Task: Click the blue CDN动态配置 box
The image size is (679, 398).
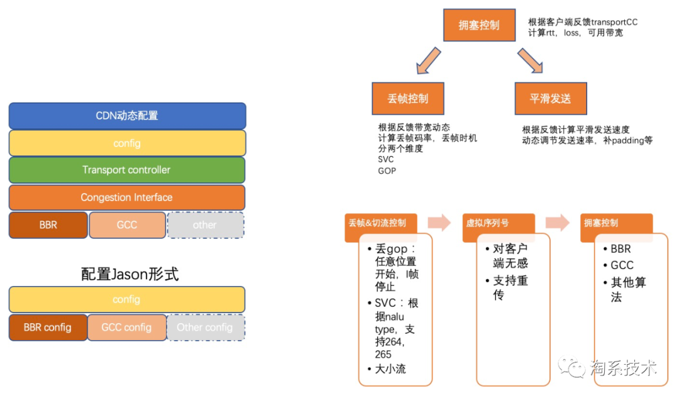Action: coord(127,116)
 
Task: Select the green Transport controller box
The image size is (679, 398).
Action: coord(127,170)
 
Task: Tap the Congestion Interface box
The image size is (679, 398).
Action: coord(127,197)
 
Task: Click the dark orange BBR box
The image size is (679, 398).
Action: coord(48,224)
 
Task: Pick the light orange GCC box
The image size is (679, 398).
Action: coord(127,224)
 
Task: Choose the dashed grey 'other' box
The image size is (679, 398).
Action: coord(205,224)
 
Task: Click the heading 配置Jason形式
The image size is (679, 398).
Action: coord(130,274)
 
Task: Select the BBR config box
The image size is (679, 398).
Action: coord(48,328)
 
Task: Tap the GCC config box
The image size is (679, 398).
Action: coord(127,328)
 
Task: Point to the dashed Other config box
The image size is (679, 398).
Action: coord(206,328)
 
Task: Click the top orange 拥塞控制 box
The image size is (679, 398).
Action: coord(479,25)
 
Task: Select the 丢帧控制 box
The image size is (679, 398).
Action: coord(408,99)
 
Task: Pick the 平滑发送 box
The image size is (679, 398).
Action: coord(551,99)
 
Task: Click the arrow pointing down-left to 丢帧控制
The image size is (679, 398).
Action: coord(428,61)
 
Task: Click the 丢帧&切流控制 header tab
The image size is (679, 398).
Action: coord(378,223)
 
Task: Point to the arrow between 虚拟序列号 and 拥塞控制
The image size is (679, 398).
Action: coord(558,223)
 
